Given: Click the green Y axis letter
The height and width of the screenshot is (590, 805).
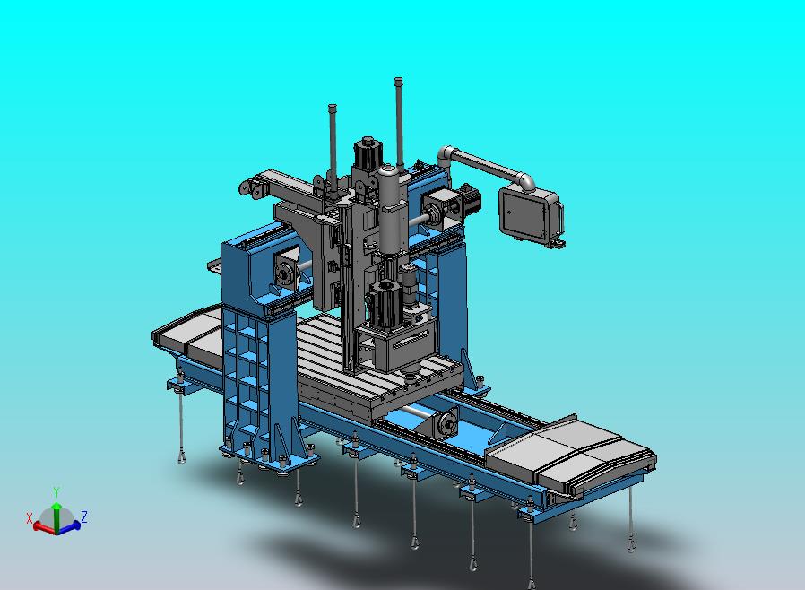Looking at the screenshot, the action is (x=56, y=492).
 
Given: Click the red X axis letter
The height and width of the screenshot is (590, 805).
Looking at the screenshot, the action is (x=30, y=518).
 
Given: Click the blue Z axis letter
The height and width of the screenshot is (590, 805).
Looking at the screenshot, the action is (x=84, y=516).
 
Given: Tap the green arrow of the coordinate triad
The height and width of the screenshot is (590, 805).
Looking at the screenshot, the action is (x=57, y=517).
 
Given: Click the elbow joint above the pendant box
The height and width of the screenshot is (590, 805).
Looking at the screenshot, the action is (x=525, y=180).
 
